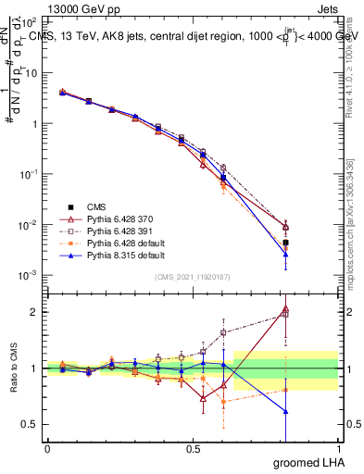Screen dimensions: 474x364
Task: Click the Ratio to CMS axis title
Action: [14, 368]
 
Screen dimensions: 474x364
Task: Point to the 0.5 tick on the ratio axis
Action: [31, 424]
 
